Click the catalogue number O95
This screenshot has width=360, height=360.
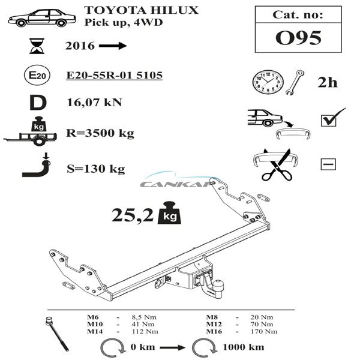(x=298, y=38)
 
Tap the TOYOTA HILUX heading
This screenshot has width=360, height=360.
(x=141, y=10)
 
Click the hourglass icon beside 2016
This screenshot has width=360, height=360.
(x=37, y=46)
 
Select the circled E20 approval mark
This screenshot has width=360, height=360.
(x=37, y=76)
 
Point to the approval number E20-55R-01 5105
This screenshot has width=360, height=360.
(x=115, y=76)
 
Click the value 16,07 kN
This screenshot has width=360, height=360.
(x=94, y=103)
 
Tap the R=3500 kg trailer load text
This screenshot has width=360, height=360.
(x=100, y=133)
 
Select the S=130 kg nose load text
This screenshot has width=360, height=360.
(x=96, y=169)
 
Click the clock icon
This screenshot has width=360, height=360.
(x=268, y=82)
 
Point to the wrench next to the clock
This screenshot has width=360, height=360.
(x=295, y=83)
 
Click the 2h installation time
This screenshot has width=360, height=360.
(x=328, y=82)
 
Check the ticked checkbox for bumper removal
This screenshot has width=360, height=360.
(x=329, y=121)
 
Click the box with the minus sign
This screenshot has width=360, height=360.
(x=328, y=164)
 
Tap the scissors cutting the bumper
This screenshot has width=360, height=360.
(x=277, y=164)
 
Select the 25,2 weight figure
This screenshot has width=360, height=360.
(x=133, y=215)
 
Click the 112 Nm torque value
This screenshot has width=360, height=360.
(x=145, y=332)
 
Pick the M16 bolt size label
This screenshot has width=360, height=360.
(x=214, y=332)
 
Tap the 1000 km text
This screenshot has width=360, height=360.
(x=244, y=347)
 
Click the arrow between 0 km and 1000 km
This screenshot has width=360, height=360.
(x=172, y=347)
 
